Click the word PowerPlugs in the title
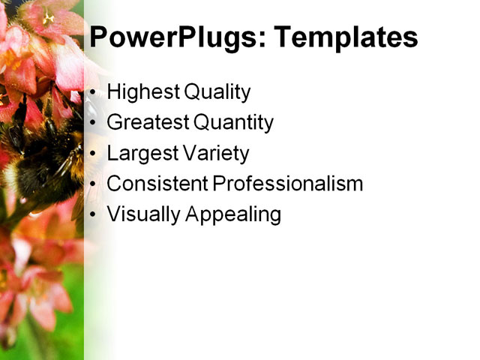point(169,37)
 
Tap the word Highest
point(140,92)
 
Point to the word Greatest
point(148,122)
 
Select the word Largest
point(142,153)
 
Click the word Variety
point(216,153)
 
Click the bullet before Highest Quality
point(93,94)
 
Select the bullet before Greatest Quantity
point(93,124)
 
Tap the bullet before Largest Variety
point(93,154)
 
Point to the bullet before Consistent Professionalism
point(93,184)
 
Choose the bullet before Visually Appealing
point(93,215)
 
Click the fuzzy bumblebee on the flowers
point(41,154)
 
